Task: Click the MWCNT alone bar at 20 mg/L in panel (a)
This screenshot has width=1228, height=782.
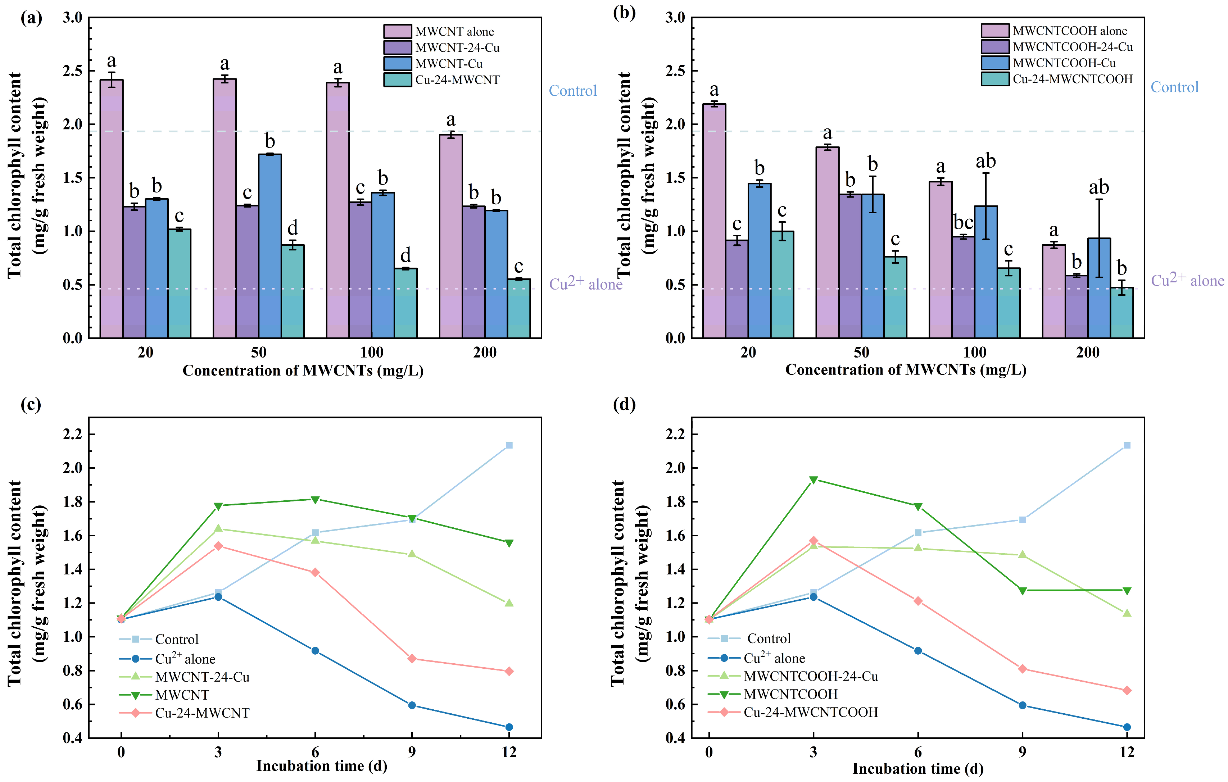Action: coord(111,209)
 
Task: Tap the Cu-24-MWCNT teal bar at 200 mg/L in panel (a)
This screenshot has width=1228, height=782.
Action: coord(518,308)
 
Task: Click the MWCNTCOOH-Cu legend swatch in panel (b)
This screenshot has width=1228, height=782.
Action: coord(994,63)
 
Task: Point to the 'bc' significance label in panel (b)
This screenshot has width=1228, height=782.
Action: coord(963,223)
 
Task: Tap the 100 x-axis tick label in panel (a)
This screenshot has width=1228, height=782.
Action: coord(371,352)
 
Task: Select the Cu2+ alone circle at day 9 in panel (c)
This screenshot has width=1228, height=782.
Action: coord(412,705)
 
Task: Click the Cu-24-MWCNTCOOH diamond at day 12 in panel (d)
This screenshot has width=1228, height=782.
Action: coord(1127,690)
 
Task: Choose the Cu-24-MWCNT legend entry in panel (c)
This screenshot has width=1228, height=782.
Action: coord(202,713)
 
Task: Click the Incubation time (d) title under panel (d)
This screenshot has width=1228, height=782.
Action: coord(917,768)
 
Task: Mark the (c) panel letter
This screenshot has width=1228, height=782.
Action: coord(31,404)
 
